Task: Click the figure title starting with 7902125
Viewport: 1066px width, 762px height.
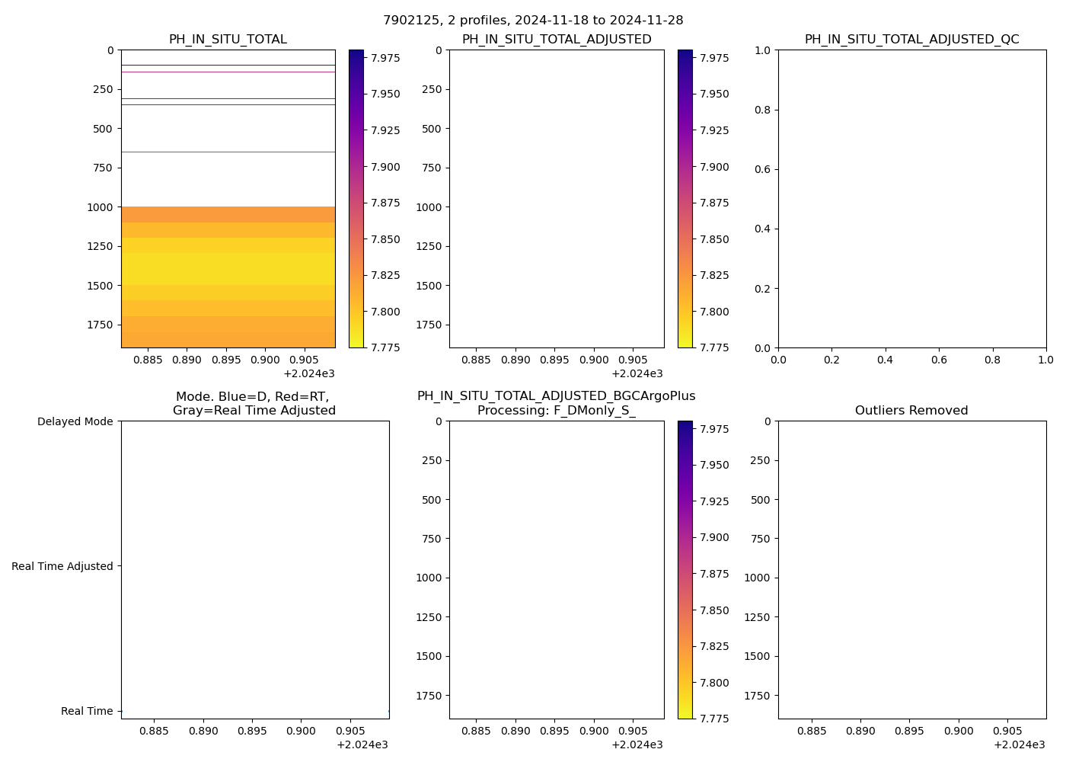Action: coord(533,21)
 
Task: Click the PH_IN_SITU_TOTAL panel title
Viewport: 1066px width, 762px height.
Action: coord(228,40)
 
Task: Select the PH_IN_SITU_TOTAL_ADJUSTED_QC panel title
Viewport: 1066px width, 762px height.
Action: coord(911,40)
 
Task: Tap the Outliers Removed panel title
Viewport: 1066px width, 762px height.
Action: coord(911,411)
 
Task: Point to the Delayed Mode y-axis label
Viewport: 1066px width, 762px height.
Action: coord(75,421)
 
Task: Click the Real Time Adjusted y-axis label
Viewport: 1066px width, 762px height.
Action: coord(62,566)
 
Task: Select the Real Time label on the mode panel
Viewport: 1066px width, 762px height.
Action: coord(87,711)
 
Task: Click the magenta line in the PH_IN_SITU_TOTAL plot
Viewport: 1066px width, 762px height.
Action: coord(228,72)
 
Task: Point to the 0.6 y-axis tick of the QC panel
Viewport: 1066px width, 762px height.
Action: coord(762,169)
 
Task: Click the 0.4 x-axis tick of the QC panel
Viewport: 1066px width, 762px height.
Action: coord(885,359)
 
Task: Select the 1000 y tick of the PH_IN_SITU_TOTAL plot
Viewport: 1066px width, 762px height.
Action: coord(101,207)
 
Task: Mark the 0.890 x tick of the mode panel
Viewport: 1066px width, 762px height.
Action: coord(203,731)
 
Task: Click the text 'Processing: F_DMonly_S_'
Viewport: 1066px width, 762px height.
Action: coord(556,411)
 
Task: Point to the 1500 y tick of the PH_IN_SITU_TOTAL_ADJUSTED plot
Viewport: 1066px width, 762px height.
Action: coord(429,286)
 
